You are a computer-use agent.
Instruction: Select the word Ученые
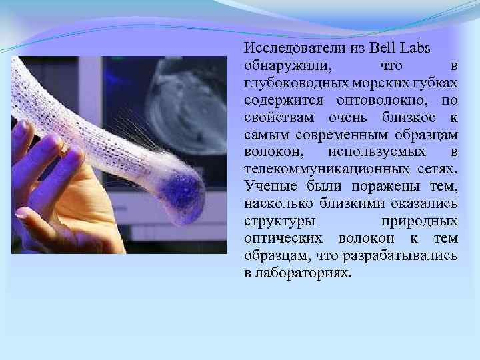point(265,187)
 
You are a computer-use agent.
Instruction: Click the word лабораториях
point(302,273)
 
